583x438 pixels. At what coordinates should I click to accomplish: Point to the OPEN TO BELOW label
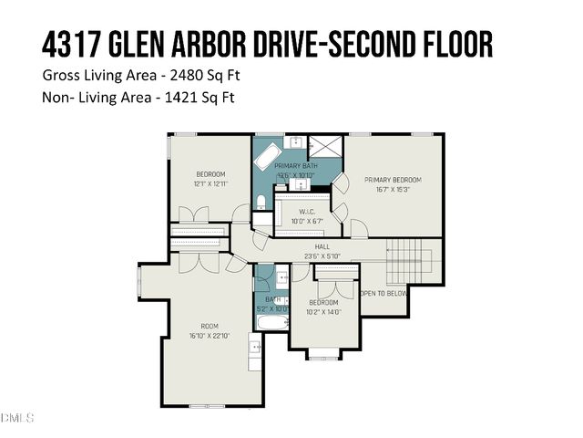tap(384, 294)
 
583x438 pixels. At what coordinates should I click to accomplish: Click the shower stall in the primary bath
tap(322, 148)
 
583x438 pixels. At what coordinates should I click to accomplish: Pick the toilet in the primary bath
tap(260, 202)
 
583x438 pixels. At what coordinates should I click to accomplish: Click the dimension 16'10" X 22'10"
tap(210, 336)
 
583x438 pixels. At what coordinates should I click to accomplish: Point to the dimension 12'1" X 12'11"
tap(210, 183)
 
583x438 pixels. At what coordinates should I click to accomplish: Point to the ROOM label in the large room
tap(210, 326)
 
